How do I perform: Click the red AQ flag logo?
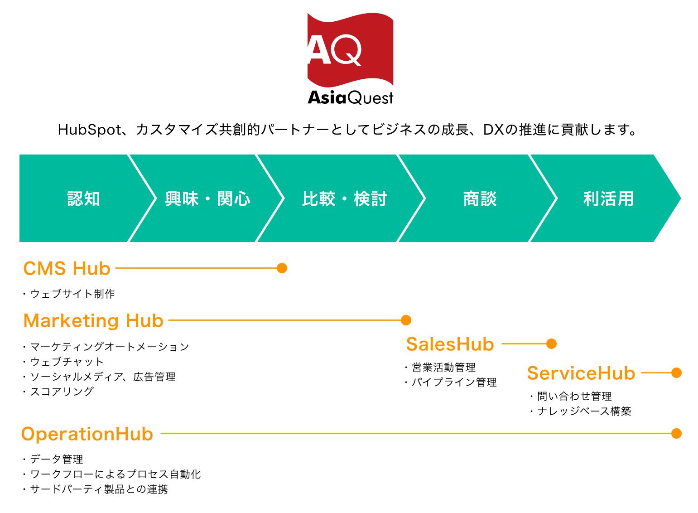[x=350, y=50]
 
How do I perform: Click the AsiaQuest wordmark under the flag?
[x=350, y=98]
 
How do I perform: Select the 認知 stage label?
[x=84, y=199]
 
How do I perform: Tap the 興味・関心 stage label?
[x=207, y=199]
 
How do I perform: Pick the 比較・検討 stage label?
[x=344, y=199]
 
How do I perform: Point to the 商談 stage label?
[x=480, y=199]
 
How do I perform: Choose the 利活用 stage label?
[x=608, y=199]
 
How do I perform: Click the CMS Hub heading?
[x=67, y=268]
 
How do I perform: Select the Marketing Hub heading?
[x=93, y=320]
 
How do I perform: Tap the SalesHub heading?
[x=450, y=344]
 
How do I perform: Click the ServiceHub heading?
[x=581, y=373]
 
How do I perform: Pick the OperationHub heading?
[x=87, y=434]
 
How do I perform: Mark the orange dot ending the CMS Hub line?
[x=282, y=268]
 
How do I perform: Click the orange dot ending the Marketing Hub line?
[x=406, y=320]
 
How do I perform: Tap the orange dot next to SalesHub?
[x=551, y=344]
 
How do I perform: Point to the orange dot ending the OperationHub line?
[x=676, y=434]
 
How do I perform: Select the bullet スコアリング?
[x=62, y=392]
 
